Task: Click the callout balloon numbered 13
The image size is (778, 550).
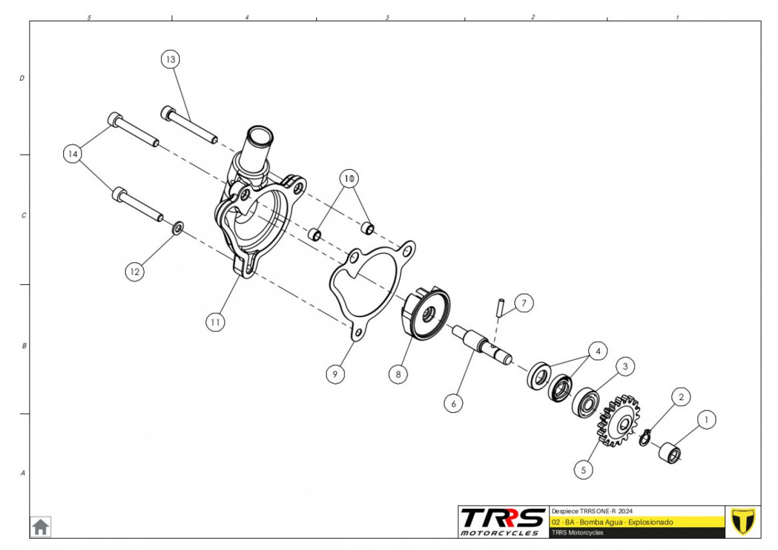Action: tap(170, 59)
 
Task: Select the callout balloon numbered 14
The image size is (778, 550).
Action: tap(72, 154)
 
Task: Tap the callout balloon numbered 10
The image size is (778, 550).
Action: tap(349, 178)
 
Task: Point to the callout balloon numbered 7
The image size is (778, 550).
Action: tap(524, 303)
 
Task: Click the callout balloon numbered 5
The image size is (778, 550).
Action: tap(583, 470)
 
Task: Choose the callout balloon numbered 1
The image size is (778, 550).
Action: tap(706, 420)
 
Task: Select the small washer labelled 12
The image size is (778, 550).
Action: tap(178, 228)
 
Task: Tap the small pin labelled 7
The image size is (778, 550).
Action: tap(501, 307)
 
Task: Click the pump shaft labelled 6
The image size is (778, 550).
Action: tap(482, 344)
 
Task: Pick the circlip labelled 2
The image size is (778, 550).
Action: tap(645, 438)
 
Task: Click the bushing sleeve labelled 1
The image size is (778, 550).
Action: tap(670, 453)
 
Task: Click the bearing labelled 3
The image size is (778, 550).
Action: tap(585, 402)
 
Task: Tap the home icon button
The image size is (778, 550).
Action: tap(40, 527)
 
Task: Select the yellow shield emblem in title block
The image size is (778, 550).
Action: tap(743, 522)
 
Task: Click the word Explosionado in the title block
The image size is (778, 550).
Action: tap(650, 522)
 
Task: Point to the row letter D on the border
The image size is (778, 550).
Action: tap(22, 78)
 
